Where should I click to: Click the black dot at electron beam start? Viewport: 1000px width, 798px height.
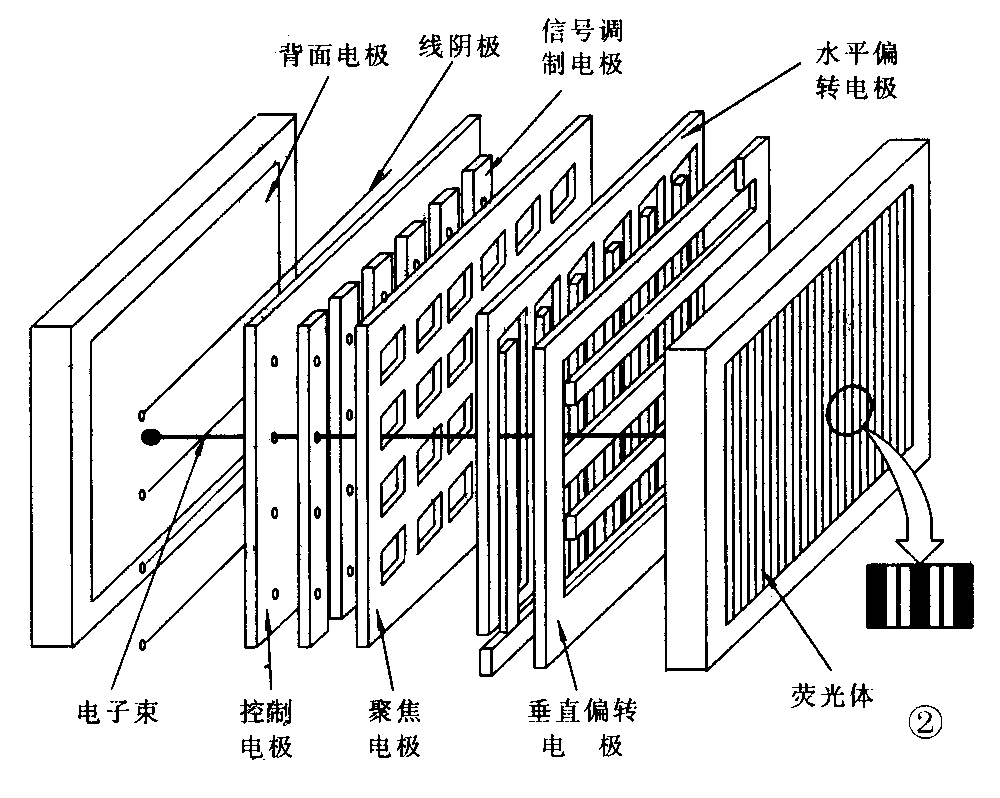pyautogui.click(x=151, y=437)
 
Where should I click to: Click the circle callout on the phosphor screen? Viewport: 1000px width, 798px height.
pyautogui.click(x=852, y=414)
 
